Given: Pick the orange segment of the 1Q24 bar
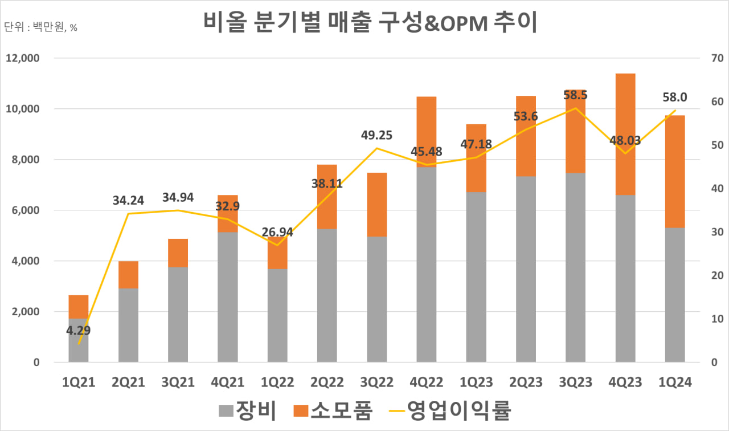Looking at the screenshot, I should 675,171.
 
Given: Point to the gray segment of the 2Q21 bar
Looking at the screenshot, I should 128,325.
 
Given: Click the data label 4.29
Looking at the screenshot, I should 78,330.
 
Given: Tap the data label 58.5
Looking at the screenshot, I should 575,96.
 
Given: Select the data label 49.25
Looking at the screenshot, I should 376,136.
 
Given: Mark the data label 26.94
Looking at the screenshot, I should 277,233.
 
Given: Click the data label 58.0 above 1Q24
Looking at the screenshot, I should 675,97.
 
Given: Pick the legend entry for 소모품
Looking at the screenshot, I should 333,410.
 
